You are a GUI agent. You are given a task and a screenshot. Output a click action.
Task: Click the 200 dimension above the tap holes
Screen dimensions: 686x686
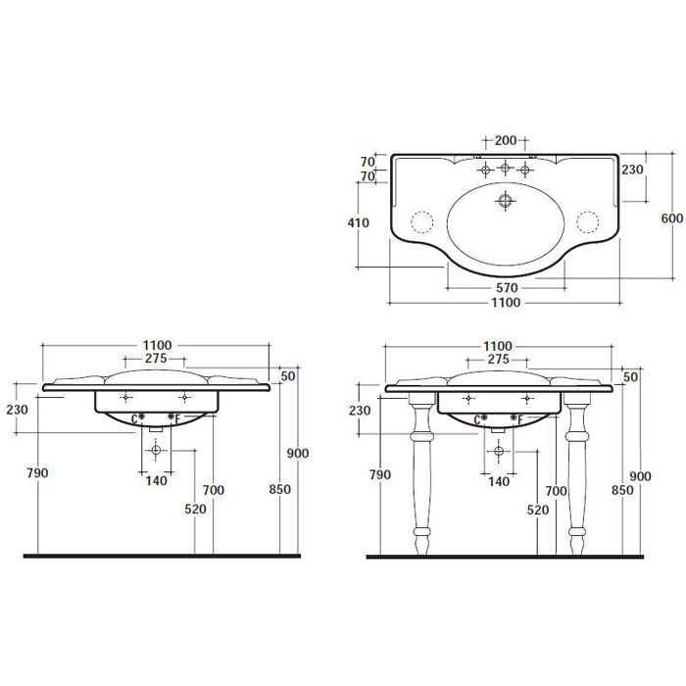506,140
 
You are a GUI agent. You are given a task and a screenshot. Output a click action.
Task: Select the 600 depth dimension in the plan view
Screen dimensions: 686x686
671,218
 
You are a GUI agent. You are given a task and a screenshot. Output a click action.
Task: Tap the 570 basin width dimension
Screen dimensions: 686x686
507,288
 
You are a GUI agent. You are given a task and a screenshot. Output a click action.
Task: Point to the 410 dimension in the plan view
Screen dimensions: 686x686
359,222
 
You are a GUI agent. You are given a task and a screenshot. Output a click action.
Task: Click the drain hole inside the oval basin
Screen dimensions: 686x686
506,201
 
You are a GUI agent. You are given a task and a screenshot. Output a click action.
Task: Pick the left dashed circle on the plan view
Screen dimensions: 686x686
422,221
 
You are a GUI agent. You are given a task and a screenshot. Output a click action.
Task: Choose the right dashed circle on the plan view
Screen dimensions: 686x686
588,221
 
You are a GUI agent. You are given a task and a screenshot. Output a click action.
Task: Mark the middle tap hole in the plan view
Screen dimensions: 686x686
506,168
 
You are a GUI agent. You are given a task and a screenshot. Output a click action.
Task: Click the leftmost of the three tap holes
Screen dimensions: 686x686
485,170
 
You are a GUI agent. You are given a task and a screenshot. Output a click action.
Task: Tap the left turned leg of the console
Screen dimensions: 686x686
421,472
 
